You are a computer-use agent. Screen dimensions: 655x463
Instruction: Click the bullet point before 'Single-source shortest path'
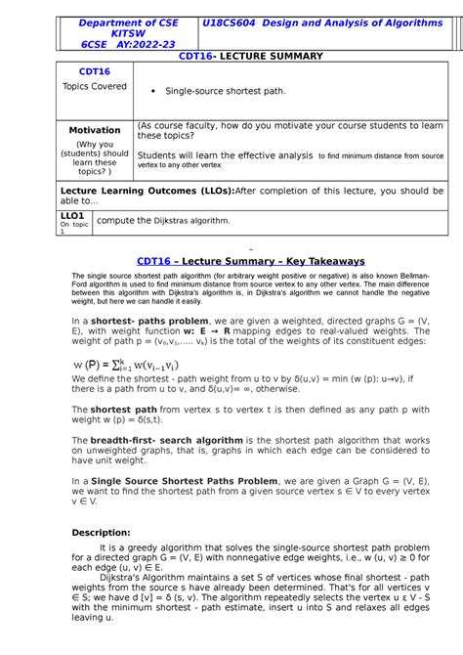coord(153,91)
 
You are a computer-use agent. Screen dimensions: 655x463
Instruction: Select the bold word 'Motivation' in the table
coord(94,130)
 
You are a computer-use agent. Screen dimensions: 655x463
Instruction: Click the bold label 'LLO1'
coord(74,214)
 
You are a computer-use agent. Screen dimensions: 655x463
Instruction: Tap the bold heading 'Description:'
coord(102,532)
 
